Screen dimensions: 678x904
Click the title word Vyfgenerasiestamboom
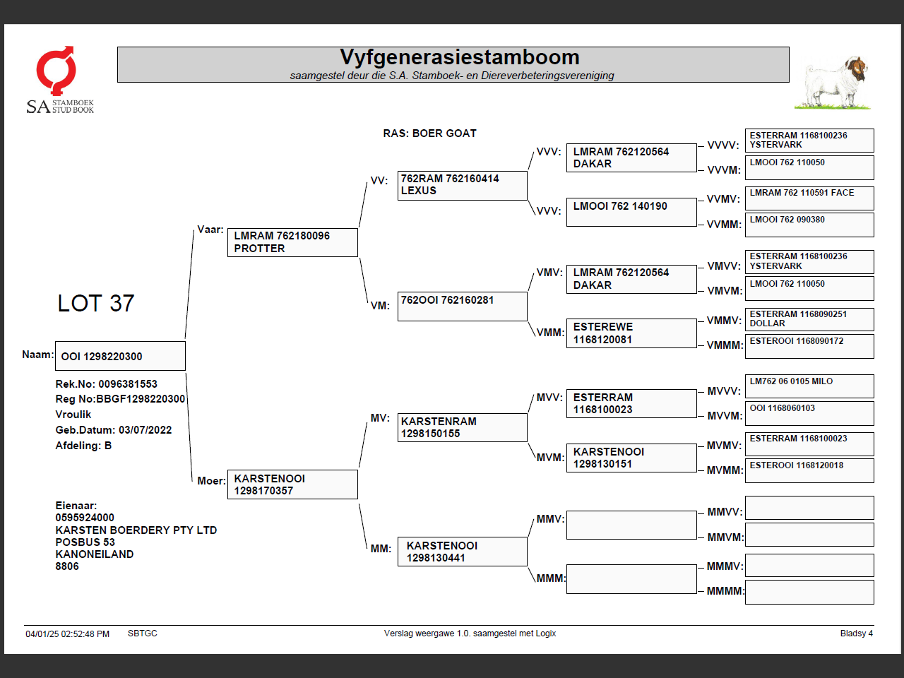pyautogui.click(x=459, y=57)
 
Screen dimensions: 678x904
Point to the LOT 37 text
pyautogui.click(x=96, y=304)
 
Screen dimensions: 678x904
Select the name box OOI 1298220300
pyautogui.click(x=120, y=356)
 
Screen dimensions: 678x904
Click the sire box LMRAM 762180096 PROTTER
pyautogui.click(x=292, y=242)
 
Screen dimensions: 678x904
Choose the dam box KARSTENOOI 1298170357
pyautogui.click(x=292, y=484)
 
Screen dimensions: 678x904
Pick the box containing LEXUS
pyautogui.click(x=462, y=185)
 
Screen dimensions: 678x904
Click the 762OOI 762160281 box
pyautogui.click(x=462, y=307)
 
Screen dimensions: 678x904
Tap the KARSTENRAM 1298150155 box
pyautogui.click(x=462, y=427)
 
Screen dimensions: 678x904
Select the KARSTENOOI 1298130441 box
pyautogui.click(x=462, y=552)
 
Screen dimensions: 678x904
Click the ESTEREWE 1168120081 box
pyautogui.click(x=631, y=333)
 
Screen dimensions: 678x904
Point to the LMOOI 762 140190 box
pyautogui.click(x=631, y=212)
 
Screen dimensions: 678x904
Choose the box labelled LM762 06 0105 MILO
pyautogui.click(x=809, y=386)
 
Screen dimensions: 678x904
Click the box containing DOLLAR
pyautogui.click(x=809, y=319)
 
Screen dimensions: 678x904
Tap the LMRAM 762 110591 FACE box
pyautogui.click(x=809, y=198)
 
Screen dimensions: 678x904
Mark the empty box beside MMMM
pyautogui.click(x=809, y=592)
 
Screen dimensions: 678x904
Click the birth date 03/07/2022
pyautogui.click(x=145, y=430)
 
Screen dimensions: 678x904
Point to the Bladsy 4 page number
pyautogui.click(x=856, y=634)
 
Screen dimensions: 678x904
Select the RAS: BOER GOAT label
pyautogui.click(x=429, y=133)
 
